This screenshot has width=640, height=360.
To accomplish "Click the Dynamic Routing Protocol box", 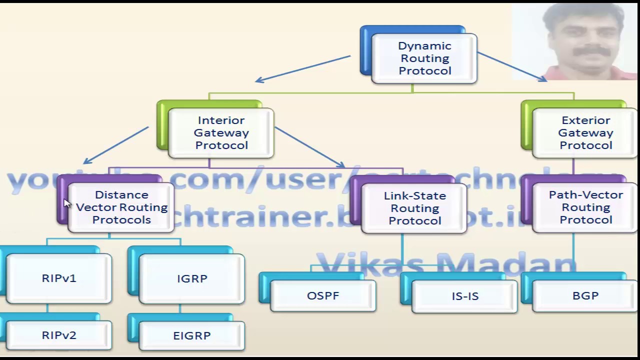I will click(424, 58).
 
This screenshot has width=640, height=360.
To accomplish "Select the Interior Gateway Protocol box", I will click(221, 132).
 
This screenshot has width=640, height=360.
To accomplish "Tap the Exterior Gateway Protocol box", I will click(585, 132).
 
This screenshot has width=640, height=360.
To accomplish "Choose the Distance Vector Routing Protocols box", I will click(121, 207).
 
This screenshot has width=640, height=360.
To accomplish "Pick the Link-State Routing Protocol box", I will click(414, 208).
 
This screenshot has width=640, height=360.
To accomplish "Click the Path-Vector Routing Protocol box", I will click(585, 207).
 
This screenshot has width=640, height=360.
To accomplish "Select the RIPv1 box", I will click(59, 278).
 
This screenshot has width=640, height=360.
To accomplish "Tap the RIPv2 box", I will click(59, 335).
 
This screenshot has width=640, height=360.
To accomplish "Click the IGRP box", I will click(192, 278).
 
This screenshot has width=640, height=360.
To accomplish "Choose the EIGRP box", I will click(192, 335).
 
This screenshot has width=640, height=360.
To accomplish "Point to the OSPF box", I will click(323, 295).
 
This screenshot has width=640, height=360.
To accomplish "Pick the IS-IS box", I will click(465, 296).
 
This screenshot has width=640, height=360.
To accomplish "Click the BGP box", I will click(585, 295).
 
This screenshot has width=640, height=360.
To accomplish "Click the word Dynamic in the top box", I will click(424, 46).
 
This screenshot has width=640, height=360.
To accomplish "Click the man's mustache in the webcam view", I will click(591, 51).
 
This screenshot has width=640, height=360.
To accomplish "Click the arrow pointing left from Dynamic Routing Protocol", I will click(303, 68).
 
